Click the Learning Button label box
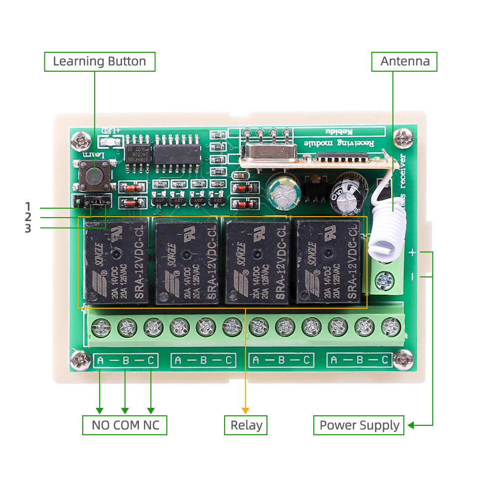pyautogui.click(x=100, y=62)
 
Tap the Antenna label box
pyautogui.click(x=404, y=62)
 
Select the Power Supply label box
pyautogui.click(x=359, y=426)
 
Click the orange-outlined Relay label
pyautogui.click(x=246, y=426)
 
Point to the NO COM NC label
pyautogui.click(x=124, y=426)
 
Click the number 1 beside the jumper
pyautogui.click(x=28, y=206)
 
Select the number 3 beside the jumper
pyautogui.click(x=28, y=229)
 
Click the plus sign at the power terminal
pyautogui.click(x=412, y=252)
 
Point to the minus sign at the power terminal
pyautogui.click(x=412, y=275)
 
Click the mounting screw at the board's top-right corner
pyautogui.click(x=402, y=137)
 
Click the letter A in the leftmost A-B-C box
pyautogui.click(x=100, y=360)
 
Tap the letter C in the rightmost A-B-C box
pyautogui.click(x=385, y=360)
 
